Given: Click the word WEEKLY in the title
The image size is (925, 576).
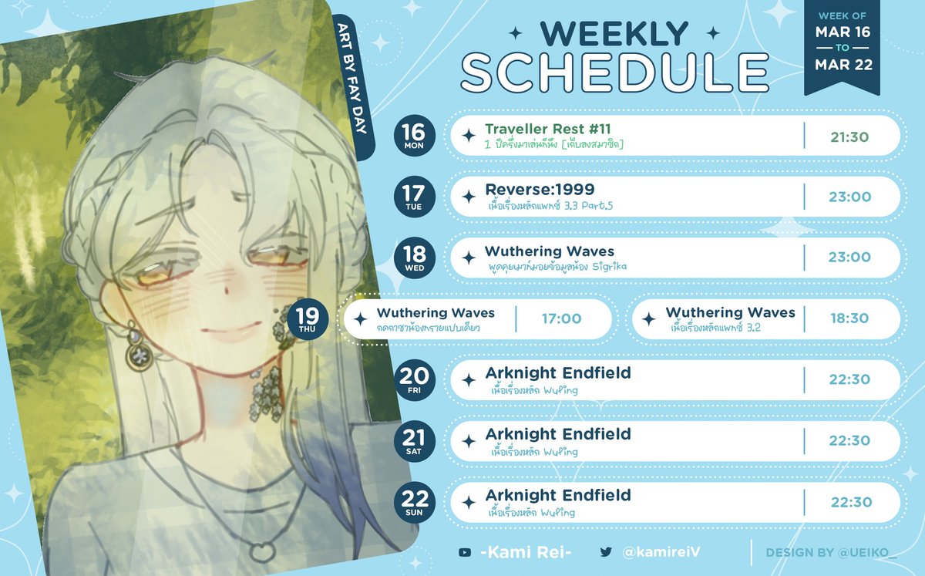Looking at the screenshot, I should (x=614, y=33).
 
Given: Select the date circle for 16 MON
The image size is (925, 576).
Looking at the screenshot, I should (x=415, y=136).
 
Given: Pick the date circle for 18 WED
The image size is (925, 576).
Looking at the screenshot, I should (x=415, y=258).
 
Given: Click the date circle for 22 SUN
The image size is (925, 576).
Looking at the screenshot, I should (x=415, y=502).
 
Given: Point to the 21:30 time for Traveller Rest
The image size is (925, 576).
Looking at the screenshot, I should (x=849, y=136).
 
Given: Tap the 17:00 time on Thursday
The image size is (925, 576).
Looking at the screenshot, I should (x=561, y=318).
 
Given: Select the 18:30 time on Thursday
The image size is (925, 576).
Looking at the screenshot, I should (x=849, y=318).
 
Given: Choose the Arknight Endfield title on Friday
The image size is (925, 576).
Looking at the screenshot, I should (x=558, y=373).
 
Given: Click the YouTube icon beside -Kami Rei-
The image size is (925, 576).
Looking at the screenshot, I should (x=464, y=552).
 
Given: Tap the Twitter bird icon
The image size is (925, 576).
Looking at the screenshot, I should (x=606, y=552).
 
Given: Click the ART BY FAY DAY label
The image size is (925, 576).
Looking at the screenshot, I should (x=351, y=85).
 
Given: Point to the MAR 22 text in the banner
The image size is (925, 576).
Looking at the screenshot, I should (x=844, y=65).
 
